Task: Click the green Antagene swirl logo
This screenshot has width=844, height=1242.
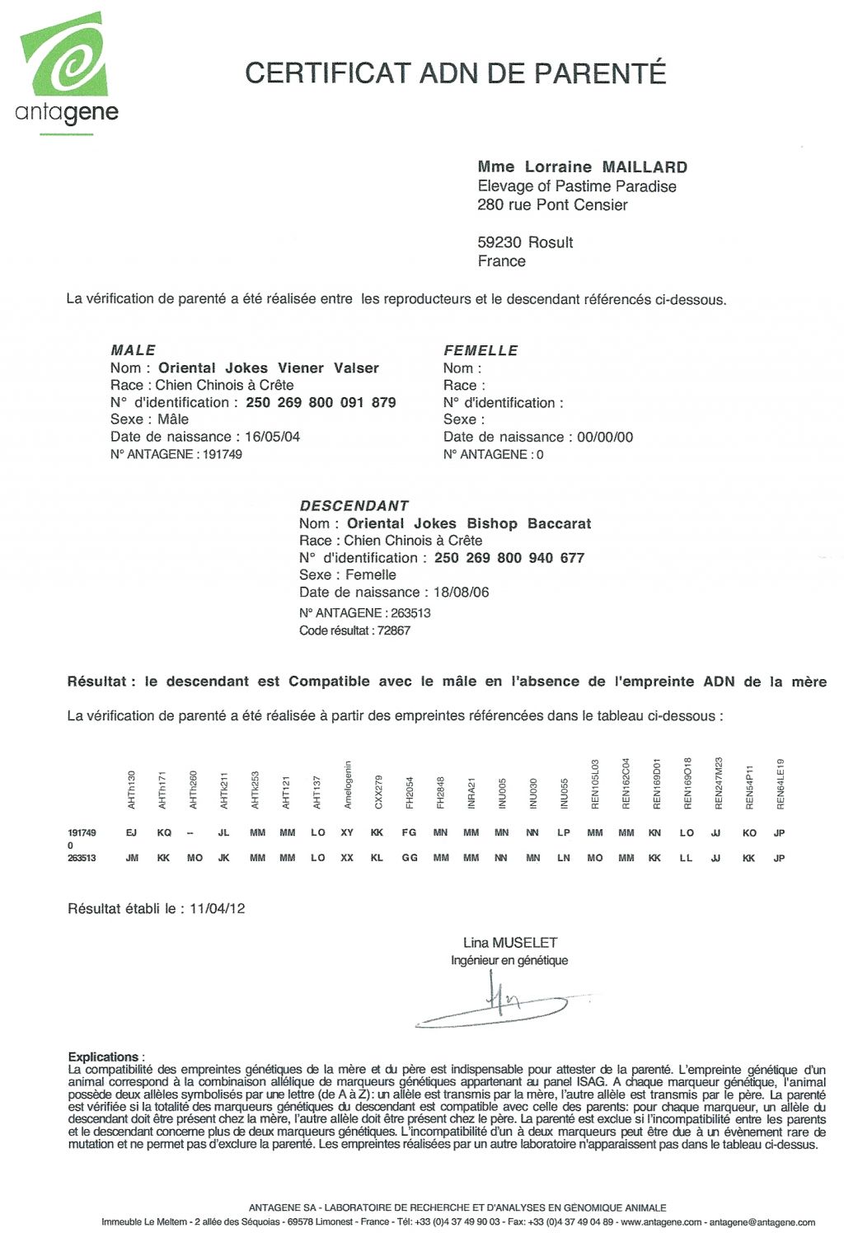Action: click(64, 56)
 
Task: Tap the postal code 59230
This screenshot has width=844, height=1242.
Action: click(499, 242)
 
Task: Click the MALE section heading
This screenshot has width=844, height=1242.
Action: click(133, 350)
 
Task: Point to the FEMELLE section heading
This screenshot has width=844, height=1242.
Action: click(481, 350)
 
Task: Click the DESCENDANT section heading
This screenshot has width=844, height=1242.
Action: click(354, 506)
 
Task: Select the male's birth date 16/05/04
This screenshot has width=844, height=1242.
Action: click(272, 437)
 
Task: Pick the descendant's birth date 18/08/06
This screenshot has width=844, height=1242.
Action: click(461, 593)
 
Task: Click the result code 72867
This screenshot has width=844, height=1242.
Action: click(393, 631)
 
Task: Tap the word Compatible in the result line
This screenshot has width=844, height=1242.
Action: click(329, 682)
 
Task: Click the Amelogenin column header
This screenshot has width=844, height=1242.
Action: click(348, 784)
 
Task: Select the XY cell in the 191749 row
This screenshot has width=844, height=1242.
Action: click(347, 833)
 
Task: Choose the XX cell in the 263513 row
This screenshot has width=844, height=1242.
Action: click(347, 859)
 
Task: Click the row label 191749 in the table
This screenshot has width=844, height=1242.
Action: click(82, 833)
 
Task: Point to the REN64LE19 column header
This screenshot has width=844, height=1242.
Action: click(780, 784)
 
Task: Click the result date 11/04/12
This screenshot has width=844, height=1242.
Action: click(218, 909)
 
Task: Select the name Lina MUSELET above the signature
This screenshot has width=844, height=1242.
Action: click(510, 943)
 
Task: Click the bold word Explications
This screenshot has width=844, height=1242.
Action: click(103, 1057)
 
